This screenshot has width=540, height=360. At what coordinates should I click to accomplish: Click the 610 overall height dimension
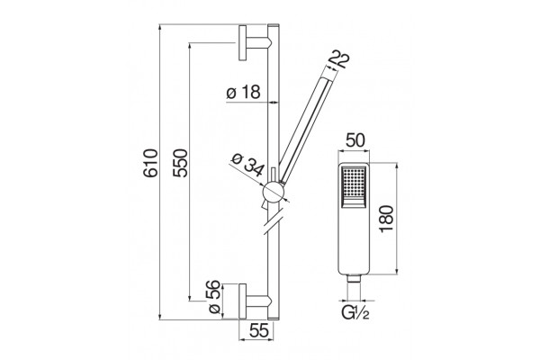point(150,163)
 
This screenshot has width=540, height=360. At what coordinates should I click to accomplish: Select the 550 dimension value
point(181,163)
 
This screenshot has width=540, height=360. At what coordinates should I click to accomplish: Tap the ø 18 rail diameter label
point(243,93)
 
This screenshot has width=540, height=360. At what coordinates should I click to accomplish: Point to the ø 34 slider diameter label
point(248,165)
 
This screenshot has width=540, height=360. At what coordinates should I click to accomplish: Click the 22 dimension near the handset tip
point(339,59)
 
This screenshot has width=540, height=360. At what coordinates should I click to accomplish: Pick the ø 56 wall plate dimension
point(214,297)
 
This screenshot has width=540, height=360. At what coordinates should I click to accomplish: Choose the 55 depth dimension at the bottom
point(258,331)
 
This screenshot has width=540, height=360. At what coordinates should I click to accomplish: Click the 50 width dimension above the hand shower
point(355,141)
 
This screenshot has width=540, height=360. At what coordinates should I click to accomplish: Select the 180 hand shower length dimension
point(386,219)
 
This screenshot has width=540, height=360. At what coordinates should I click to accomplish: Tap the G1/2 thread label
point(355,313)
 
